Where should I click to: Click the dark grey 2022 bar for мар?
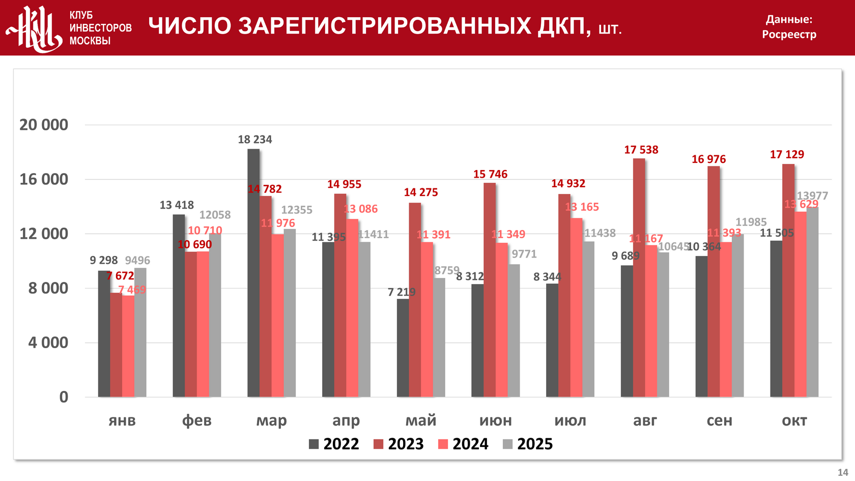click(253, 273)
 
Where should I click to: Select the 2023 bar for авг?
click(639, 278)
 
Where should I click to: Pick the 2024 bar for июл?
click(576, 307)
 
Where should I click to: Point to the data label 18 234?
click(255, 139)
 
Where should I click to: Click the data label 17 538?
click(641, 150)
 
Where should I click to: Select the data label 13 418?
click(177, 205)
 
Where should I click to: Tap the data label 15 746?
click(490, 174)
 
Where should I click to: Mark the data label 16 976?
click(708, 159)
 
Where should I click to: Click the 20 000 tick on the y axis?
click(44, 125)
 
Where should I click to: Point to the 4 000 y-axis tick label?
click(48, 343)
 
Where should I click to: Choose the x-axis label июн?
click(495, 420)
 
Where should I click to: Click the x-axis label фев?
click(196, 420)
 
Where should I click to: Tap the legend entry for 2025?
click(528, 444)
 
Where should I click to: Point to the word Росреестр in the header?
click(789, 35)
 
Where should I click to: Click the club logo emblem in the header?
click(34, 29)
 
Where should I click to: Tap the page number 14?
click(843, 472)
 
